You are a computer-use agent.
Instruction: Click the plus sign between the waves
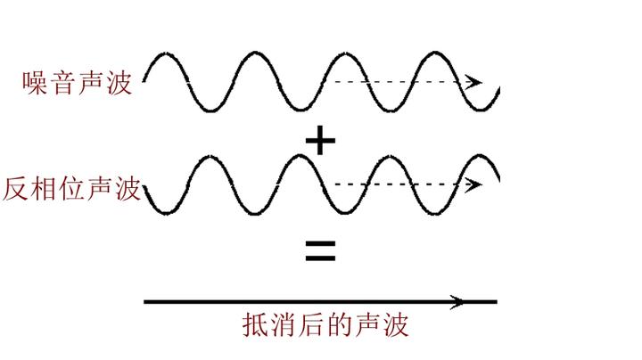(320, 141)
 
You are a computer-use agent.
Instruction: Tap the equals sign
(320, 251)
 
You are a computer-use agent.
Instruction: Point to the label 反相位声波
(72, 189)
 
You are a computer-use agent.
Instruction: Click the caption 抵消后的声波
(325, 324)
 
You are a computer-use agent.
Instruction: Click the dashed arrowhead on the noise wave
(475, 82)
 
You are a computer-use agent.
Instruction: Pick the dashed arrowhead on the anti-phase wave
(475, 185)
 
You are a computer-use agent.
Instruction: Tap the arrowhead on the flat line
(458, 302)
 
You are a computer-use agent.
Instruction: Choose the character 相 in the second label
(44, 189)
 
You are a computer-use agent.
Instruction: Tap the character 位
(72, 189)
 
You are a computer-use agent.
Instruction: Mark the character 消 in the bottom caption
(284, 324)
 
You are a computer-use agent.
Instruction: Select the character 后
(312, 324)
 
